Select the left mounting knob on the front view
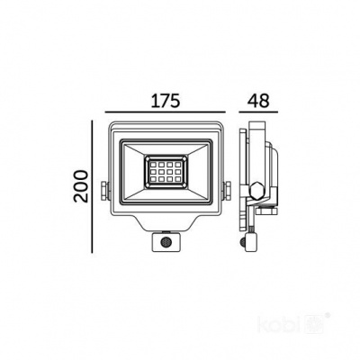click(x=104, y=192)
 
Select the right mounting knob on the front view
click(x=226, y=192)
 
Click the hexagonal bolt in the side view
click(x=258, y=192)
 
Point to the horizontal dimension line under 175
click(x=164, y=113)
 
